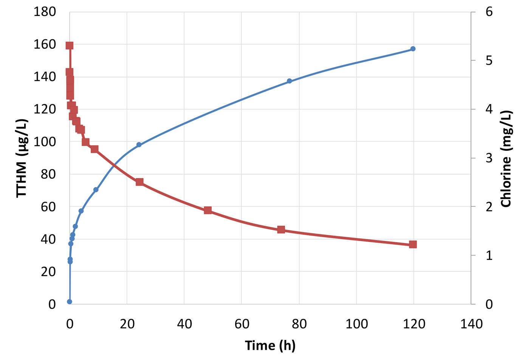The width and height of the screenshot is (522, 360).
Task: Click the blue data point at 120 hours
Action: [413, 49]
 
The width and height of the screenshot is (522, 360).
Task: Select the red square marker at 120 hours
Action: [413, 244]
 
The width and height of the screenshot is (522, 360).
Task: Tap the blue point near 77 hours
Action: [290, 81]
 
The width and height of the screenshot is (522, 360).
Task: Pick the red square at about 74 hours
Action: [281, 230]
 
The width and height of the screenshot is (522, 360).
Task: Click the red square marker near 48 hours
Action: [208, 210]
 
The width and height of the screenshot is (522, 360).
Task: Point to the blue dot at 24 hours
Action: [139, 145]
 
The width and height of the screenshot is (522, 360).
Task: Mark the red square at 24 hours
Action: [139, 182]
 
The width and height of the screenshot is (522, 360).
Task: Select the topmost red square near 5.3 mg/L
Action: [70, 46]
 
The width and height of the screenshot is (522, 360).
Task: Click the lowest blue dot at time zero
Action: [70, 302]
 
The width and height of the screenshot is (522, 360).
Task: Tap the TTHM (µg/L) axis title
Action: [22, 158]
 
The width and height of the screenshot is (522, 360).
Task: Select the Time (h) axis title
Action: [270, 345]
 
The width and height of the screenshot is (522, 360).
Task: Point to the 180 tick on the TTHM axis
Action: [45, 12]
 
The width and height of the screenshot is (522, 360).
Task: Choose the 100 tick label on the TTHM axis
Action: [45, 142]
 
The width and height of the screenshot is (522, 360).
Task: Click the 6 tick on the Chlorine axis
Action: [489, 12]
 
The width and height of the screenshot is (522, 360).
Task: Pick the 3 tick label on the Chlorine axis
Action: [489, 158]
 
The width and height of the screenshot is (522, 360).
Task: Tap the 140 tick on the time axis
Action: [471, 324]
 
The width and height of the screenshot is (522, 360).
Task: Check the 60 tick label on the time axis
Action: [242, 324]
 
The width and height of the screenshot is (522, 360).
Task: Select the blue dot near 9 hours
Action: [96, 190]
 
